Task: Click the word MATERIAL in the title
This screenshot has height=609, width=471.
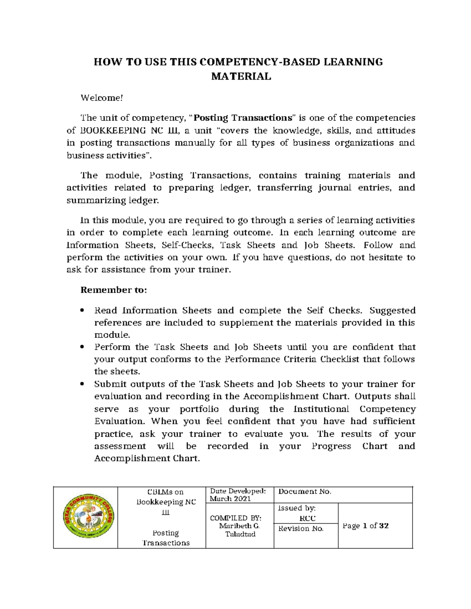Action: click(x=241, y=76)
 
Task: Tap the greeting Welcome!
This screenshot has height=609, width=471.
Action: click(x=102, y=98)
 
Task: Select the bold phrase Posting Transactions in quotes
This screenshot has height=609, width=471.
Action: click(x=243, y=118)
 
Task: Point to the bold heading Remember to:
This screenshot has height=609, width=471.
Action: click(x=113, y=290)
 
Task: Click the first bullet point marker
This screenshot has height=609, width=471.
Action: click(x=82, y=311)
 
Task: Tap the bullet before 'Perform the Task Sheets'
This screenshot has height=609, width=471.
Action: click(x=82, y=347)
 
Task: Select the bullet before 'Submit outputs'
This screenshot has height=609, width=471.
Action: click(x=82, y=384)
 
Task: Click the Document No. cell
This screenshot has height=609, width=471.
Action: click(x=305, y=492)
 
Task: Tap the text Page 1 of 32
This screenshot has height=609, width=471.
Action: click(x=365, y=526)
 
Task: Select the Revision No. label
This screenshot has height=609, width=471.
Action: click(x=301, y=529)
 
